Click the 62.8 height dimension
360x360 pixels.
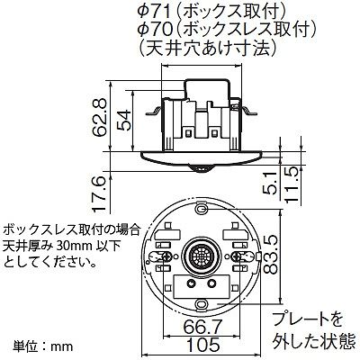tap(100, 118)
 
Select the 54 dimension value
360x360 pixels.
tap(124, 121)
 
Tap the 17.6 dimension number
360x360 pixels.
tap(100, 194)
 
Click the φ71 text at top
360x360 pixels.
tap(152, 12)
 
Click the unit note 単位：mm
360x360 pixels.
tap(43, 346)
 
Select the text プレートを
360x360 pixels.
tap(308, 319)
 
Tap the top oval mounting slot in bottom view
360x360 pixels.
tap(201, 208)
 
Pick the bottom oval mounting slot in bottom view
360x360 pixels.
tap(201, 303)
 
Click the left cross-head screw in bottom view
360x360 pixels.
tap(166, 256)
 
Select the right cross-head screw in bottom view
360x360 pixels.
tap(237, 256)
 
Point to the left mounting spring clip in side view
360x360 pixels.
tap(154, 112)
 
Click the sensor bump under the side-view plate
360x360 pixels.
tap(201, 169)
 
